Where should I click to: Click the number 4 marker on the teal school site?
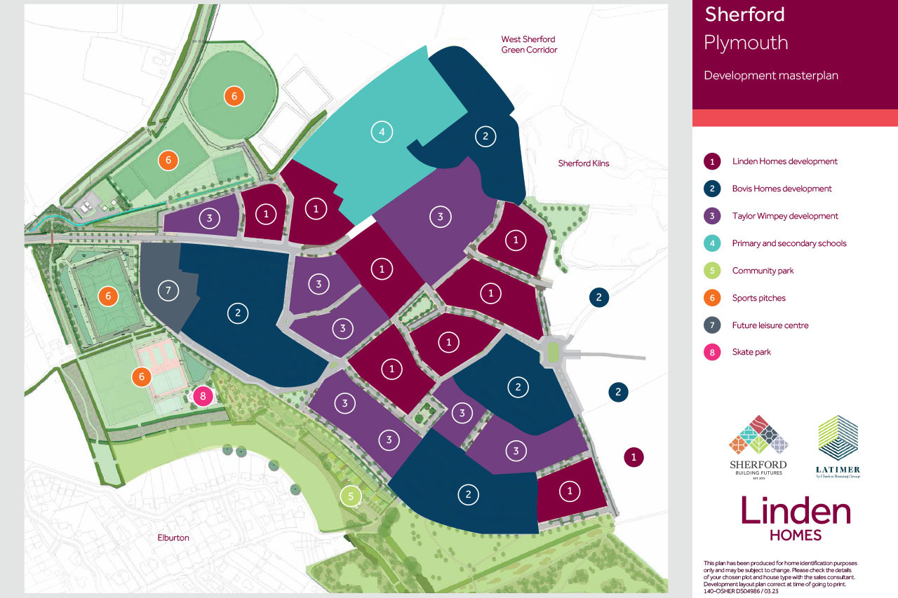[x=382, y=131]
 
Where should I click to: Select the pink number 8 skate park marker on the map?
[x=203, y=397]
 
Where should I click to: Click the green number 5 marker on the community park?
[x=350, y=496]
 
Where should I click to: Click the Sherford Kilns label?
[x=584, y=163]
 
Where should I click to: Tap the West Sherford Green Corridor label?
[x=529, y=45]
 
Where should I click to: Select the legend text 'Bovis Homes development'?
[x=782, y=189]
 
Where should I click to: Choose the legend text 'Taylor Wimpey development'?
[x=785, y=216]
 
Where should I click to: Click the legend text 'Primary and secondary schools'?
[x=789, y=243]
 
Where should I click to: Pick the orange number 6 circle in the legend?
[x=712, y=298]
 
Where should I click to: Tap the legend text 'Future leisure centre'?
[x=770, y=325]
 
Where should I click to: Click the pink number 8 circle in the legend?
[x=712, y=353]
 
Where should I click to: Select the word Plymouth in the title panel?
[x=746, y=43]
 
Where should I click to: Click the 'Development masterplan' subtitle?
[x=770, y=76]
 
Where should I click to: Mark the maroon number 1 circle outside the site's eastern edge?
[x=634, y=457]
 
